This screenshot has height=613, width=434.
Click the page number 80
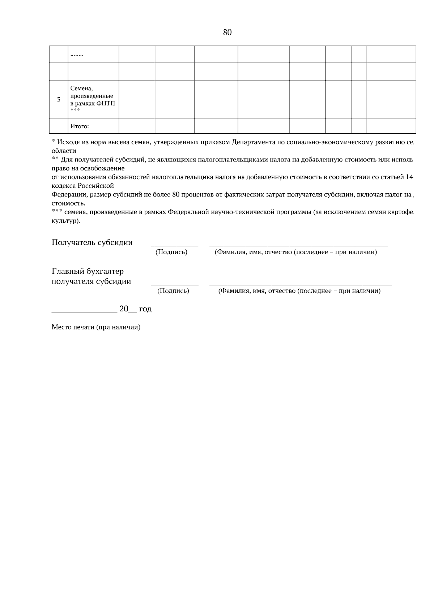pyautogui.click(x=227, y=33)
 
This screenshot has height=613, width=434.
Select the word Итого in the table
pyautogui.click(x=80, y=126)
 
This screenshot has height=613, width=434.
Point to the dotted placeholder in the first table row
pyautogui.click(x=77, y=55)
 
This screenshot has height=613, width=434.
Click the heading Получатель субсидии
pyautogui.click(x=92, y=242)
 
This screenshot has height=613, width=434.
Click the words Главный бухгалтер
pyautogui.click(x=88, y=271)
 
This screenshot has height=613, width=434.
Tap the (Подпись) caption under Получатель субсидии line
pyautogui.click(x=171, y=252)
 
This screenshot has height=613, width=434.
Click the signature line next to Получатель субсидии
pyautogui.click(x=174, y=246)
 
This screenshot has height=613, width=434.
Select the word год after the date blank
pyautogui.click(x=145, y=309)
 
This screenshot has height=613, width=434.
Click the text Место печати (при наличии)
pyautogui.click(x=96, y=327)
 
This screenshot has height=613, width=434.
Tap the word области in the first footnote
pyautogui.click(x=64, y=151)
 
